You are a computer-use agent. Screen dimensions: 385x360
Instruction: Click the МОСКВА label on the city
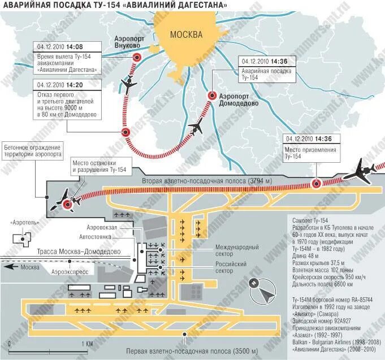(x=186, y=34)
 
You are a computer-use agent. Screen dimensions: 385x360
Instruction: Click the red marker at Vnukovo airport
(x=136, y=57)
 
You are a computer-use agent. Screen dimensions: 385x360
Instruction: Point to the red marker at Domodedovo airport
(x=211, y=96)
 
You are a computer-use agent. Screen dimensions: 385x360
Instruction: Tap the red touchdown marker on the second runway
(x=317, y=183)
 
